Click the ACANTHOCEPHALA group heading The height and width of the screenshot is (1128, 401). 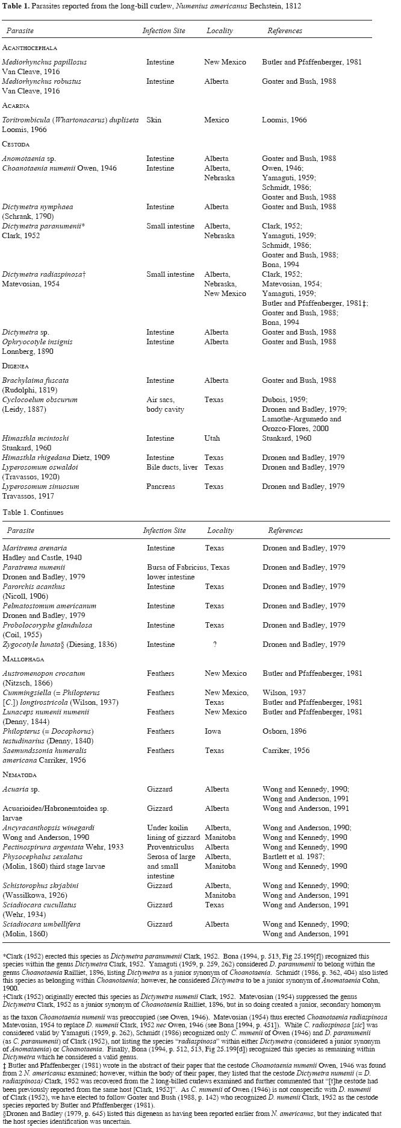(30, 48)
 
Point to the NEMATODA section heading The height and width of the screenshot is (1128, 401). (20, 775)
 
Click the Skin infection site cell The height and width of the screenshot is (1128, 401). (154, 120)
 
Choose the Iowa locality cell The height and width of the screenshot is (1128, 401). (213, 731)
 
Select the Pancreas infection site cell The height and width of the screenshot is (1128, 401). (161, 487)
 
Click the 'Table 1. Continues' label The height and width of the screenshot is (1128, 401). (33, 512)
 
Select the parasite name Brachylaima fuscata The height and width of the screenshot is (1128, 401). (36, 380)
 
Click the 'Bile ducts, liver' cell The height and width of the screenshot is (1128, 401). (172, 467)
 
